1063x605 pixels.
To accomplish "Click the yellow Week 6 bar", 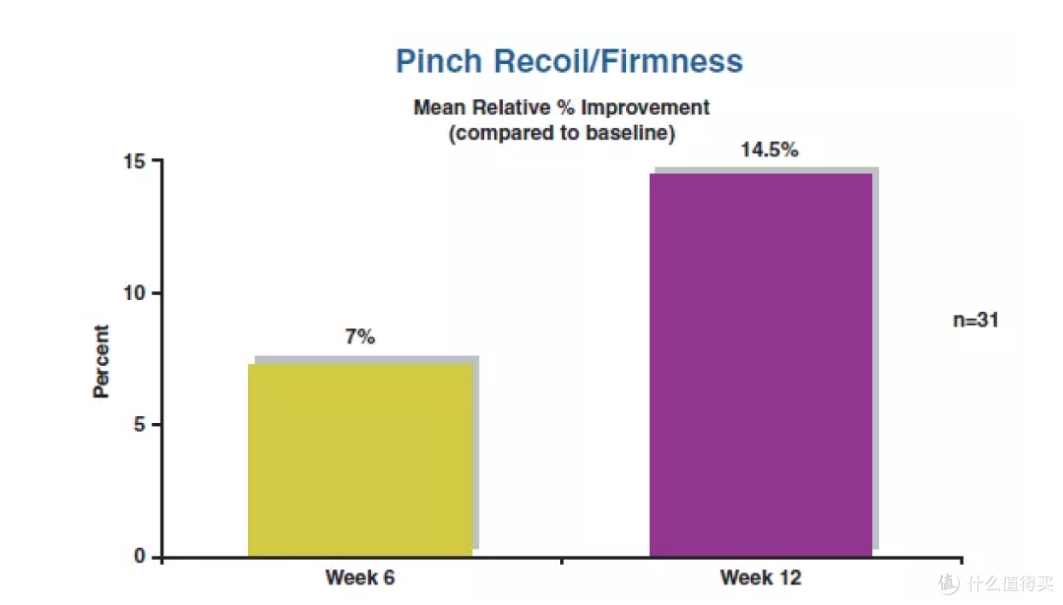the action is (x=360, y=460).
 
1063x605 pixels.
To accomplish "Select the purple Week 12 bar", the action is (x=761, y=365).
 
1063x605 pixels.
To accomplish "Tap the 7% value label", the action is (x=360, y=336).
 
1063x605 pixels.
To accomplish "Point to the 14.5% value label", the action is (x=770, y=150).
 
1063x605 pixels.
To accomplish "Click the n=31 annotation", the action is (x=975, y=320).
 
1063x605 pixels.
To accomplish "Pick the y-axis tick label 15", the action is (x=134, y=161).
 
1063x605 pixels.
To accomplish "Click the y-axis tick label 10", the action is (x=134, y=293).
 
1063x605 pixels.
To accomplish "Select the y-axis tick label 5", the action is (x=139, y=425).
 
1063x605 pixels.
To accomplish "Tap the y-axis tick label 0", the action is (x=139, y=556).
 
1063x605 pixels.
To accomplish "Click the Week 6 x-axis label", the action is (x=360, y=577).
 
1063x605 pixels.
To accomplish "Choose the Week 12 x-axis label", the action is (x=761, y=577).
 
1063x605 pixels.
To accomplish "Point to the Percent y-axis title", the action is (x=101, y=361).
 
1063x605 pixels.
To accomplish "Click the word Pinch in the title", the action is (x=439, y=61).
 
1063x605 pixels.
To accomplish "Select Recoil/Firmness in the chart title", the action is (x=618, y=61).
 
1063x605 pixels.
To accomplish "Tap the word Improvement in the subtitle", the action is (x=645, y=108).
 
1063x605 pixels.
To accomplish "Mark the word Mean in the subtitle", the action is (x=439, y=108).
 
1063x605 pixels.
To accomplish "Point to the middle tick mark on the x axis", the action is (x=561, y=561).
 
